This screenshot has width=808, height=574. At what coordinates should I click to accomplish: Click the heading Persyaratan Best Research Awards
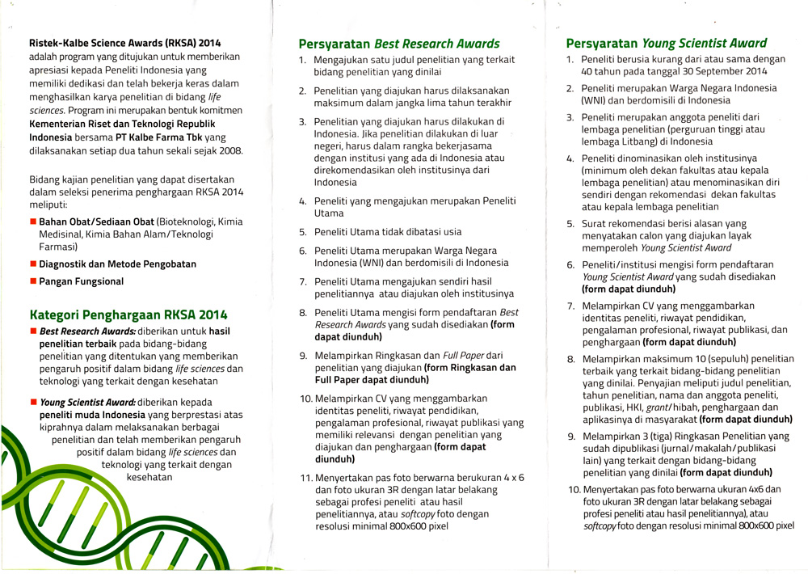pyautogui.click(x=399, y=44)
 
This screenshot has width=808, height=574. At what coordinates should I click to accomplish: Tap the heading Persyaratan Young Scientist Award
pyautogui.click(x=667, y=43)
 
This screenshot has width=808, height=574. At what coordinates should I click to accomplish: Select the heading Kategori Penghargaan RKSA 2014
pyautogui.click(x=128, y=314)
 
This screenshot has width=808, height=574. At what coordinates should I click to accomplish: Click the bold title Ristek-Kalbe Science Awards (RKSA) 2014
pyautogui.click(x=124, y=43)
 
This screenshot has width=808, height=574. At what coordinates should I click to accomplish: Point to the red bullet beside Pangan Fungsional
pyautogui.click(x=33, y=282)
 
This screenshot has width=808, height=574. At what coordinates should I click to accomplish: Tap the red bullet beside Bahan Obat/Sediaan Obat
pyautogui.click(x=33, y=222)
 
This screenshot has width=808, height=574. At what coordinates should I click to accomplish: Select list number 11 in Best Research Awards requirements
pyautogui.click(x=305, y=477)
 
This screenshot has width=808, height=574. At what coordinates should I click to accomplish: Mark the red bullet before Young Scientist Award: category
pyautogui.click(x=33, y=402)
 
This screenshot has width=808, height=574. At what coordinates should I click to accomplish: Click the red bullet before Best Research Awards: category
pyautogui.click(x=33, y=331)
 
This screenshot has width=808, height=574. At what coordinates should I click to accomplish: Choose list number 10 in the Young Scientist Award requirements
pyautogui.click(x=573, y=489)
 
